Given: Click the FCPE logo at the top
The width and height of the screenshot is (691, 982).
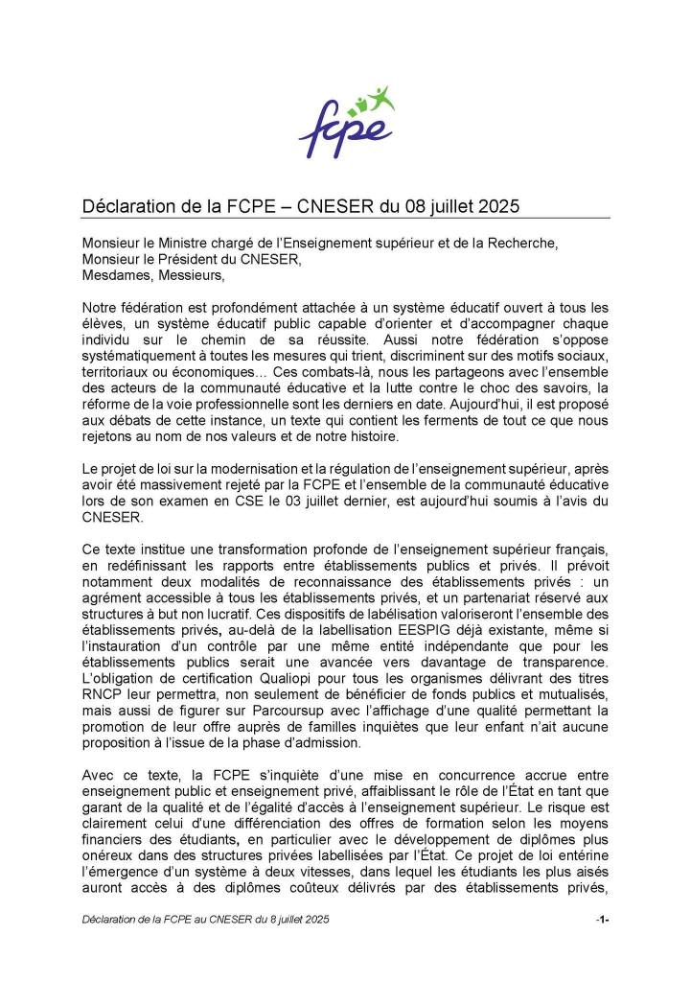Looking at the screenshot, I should point(346,123).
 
